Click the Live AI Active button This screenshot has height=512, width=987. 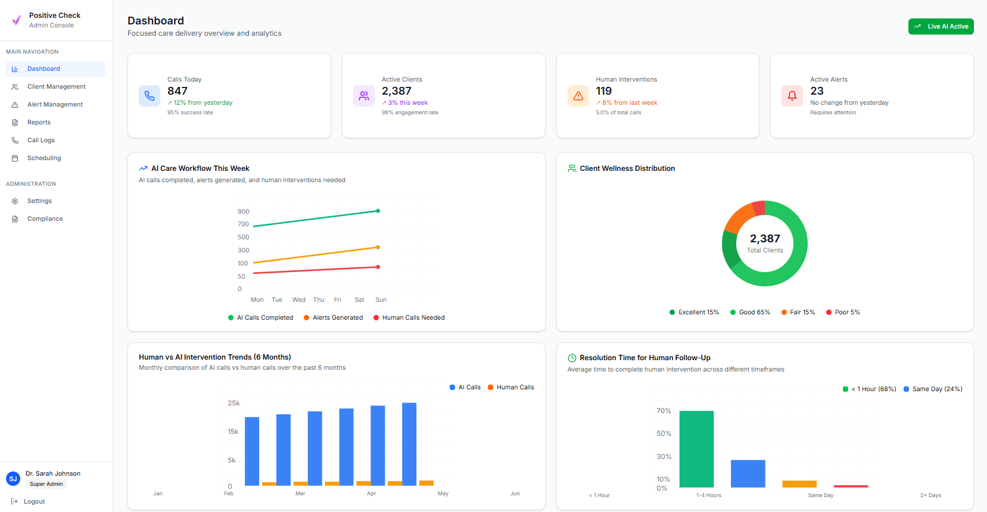tap(941, 26)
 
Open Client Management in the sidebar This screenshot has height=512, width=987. tap(56, 87)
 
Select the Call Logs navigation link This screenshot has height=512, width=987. tap(41, 141)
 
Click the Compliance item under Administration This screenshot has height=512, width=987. tap(45, 219)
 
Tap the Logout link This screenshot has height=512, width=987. tap(34, 502)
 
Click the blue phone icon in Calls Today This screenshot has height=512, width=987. tap(150, 96)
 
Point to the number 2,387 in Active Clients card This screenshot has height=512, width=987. tap(396, 91)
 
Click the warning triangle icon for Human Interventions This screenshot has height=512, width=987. tap(578, 96)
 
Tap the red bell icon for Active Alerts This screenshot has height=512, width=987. tap(792, 96)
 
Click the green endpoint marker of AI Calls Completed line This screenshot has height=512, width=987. tap(378, 211)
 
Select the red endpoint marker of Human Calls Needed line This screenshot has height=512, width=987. tap(378, 267)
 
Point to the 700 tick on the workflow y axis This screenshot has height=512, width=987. tap(243, 224)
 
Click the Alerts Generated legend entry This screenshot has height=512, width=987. tap(333, 318)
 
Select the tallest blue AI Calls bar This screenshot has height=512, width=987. tap(409, 444)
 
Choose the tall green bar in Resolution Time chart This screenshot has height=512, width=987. tap(696, 449)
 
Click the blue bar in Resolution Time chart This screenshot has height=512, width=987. tap(748, 473)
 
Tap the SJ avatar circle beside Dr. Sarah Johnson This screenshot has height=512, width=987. tap(13, 479)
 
